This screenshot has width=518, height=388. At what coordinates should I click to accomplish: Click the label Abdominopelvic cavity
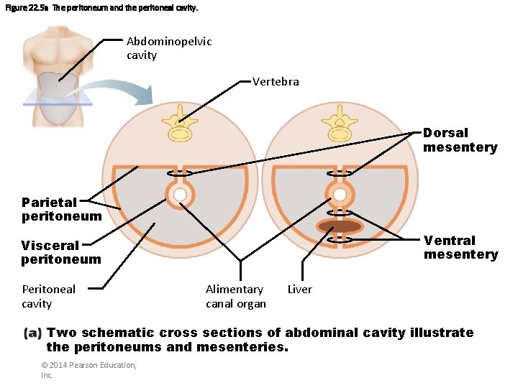coord(169,48)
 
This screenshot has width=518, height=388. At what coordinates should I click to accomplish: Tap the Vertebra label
coord(276,82)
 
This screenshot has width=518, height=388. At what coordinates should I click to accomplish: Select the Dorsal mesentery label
coord(460,140)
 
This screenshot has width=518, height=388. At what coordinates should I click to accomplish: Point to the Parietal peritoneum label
coord(61,209)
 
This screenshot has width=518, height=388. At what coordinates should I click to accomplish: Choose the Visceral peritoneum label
coord(61,252)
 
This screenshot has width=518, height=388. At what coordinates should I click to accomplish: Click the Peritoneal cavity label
coord(48,296)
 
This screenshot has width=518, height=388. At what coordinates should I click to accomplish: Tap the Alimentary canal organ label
coord(235,296)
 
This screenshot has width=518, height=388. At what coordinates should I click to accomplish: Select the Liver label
coord(299,290)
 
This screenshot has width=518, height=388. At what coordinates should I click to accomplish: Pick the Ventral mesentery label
coord(460,247)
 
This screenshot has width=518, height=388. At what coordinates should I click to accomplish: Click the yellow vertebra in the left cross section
coord(180,126)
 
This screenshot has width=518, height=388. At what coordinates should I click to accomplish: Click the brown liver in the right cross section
coord(340,227)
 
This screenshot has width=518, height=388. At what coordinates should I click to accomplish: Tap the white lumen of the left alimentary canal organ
coord(180,195)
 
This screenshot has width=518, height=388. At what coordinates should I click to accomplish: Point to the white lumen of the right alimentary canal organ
coord(339,195)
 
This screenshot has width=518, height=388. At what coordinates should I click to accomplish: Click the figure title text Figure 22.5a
coord(27,8)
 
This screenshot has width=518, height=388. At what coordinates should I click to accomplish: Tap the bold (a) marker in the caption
coord(33,333)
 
